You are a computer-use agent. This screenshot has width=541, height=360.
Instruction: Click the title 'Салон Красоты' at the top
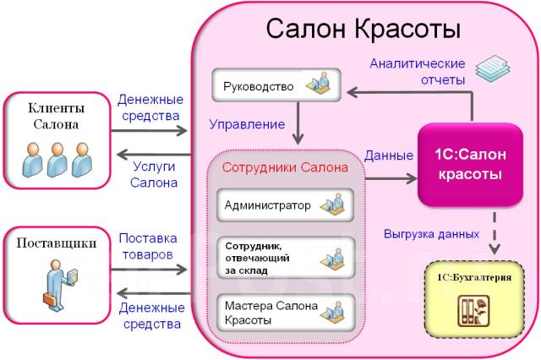point(363,29)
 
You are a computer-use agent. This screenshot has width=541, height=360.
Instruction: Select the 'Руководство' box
point(274,86)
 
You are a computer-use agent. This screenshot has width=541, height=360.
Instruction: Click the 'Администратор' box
point(286,205)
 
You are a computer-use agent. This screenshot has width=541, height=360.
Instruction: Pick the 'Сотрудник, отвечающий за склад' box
point(286,257)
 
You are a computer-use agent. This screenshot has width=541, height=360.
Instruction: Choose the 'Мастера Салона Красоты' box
point(286,313)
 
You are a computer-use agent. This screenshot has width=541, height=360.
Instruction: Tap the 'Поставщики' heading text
point(55,243)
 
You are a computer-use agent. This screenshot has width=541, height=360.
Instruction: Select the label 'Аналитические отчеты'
point(418,72)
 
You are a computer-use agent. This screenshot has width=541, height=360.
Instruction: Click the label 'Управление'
point(247,124)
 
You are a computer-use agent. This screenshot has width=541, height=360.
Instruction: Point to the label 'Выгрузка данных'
point(431,233)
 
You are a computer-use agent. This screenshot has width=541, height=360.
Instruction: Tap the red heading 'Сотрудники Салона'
point(285,167)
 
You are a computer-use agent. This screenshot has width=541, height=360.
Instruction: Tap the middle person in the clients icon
point(57,159)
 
